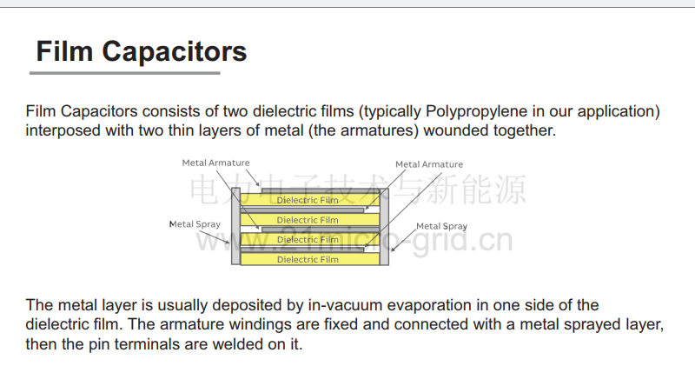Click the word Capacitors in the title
(175, 52)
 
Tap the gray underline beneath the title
(125, 73)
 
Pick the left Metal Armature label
(215, 163)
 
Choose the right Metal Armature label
(429, 164)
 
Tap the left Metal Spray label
(195, 224)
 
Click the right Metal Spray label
(441, 226)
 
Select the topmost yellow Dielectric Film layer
(310, 200)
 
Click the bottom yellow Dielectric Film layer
(310, 259)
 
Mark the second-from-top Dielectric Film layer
(310, 220)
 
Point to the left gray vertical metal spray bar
(235, 226)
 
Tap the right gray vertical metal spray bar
(384, 227)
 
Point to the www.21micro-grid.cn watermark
(354, 241)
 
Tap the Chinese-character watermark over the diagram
(358, 190)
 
